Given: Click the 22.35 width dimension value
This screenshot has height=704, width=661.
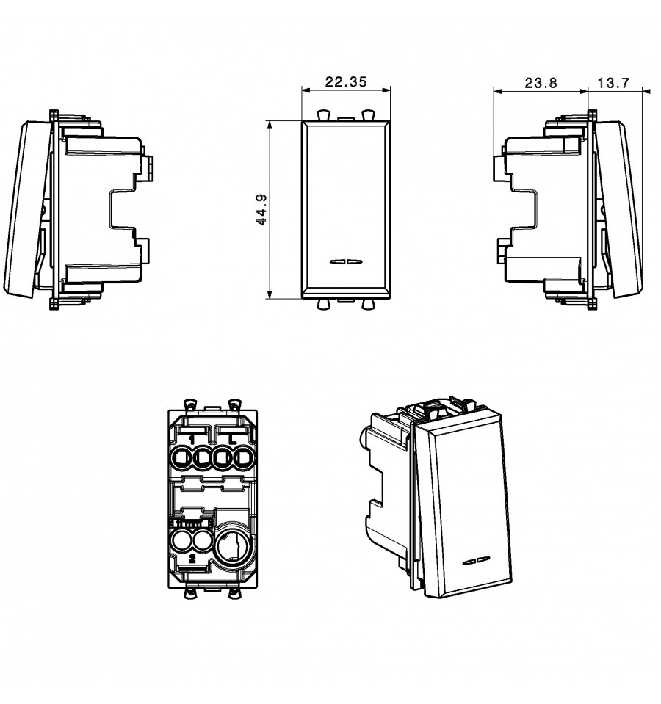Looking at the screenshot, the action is tap(346, 81).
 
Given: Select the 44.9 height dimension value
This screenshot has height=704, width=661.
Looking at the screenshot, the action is tap(261, 210).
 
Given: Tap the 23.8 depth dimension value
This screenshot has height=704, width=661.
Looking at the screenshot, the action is tap(541, 83).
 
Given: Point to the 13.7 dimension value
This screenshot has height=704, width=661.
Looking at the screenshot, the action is tap(613, 83).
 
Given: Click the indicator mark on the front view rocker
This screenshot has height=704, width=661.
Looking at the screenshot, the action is tap(346, 261).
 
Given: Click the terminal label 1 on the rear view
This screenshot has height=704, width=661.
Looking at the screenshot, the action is tap(192, 440).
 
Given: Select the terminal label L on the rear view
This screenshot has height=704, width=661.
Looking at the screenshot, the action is tap(232, 439).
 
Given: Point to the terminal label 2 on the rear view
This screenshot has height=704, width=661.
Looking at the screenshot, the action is tap(192, 559).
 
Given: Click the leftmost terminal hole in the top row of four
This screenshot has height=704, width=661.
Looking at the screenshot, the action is tap(181, 458).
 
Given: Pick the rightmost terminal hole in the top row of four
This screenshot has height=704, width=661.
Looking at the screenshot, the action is tap(243, 458).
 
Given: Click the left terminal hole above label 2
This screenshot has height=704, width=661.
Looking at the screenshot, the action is tap(181, 541).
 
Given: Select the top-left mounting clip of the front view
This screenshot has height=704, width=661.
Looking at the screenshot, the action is tap(323, 115).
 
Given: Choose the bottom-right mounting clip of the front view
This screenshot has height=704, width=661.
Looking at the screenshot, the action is tap(368, 305).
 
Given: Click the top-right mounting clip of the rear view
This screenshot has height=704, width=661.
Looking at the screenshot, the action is tap(234, 404).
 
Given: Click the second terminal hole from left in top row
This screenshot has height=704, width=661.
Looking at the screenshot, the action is tap(202, 458).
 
